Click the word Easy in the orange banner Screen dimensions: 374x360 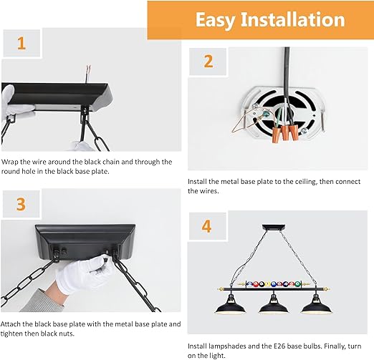coord(215,20)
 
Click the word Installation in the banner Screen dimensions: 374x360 coord(293,19)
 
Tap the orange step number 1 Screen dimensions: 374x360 coord(21,44)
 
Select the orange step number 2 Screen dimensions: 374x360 coord(208,62)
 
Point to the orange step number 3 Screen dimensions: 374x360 coord(21,204)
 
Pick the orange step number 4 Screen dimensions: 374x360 coord(207,226)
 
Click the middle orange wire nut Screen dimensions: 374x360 coord(284,132)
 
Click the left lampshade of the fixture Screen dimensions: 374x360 coord(230,305)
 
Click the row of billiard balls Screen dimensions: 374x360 coord(274,284)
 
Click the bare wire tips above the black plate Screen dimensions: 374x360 coord(89,69)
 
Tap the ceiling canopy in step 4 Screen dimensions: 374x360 coord(274,227)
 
